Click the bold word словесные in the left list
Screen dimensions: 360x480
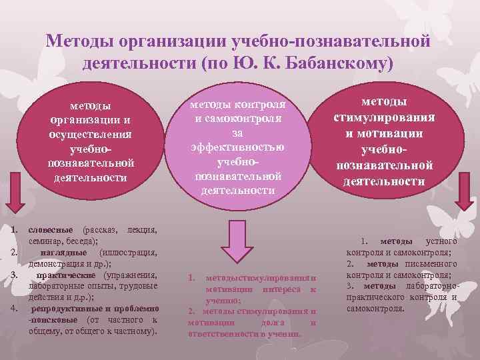click(51, 230)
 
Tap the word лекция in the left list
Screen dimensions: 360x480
click(142, 230)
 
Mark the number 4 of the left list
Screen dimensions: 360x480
click(14, 308)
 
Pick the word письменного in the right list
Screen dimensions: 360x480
click(433, 263)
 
